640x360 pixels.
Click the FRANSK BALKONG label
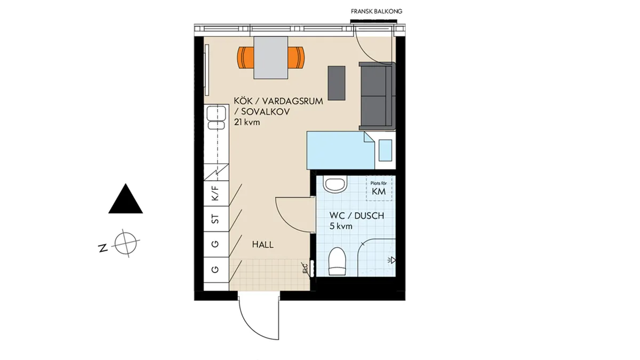[x=377, y=11]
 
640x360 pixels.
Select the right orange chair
[x=296, y=58]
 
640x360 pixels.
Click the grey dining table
[x=270, y=58]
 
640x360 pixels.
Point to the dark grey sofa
[x=377, y=95]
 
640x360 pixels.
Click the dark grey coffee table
[x=337, y=83]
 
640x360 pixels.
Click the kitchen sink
[x=217, y=117]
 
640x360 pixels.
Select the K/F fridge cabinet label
[x=215, y=193]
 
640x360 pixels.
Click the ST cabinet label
[x=215, y=219]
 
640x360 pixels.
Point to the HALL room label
[x=262, y=245]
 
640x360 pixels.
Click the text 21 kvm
[x=247, y=122]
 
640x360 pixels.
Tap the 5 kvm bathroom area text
[x=341, y=226]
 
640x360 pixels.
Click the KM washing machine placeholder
[x=379, y=188]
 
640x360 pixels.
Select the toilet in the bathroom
[x=337, y=261]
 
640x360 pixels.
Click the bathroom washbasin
[x=335, y=185]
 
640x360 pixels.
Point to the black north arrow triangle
[x=125, y=198]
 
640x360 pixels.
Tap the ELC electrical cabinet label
[x=305, y=268]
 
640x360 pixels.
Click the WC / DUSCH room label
[x=357, y=215]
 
